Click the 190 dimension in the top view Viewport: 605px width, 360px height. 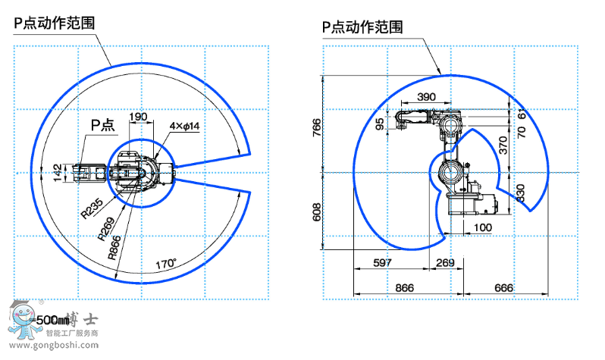138,117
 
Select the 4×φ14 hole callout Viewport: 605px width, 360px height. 184,126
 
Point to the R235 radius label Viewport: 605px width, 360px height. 92,208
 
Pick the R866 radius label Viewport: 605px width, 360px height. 116,248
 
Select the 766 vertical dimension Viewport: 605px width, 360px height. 317,130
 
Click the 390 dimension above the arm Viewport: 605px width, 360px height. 427,97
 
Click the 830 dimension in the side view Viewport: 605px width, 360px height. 520,194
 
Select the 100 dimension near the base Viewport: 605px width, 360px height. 481,227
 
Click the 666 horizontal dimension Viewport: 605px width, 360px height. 503,288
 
